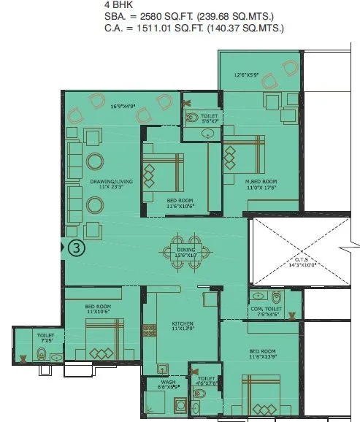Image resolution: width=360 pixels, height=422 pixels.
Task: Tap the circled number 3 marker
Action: (76, 248)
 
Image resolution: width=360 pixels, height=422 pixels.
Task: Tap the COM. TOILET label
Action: (267, 309)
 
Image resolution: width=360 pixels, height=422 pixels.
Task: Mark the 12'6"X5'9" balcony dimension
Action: (247, 74)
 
